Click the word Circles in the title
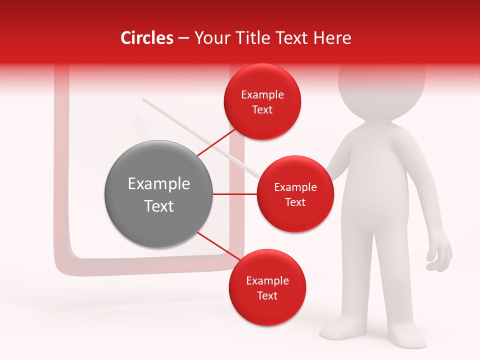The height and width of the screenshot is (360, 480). click(x=147, y=38)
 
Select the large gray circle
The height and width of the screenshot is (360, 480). click(x=158, y=194)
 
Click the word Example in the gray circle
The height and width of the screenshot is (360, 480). click(x=158, y=184)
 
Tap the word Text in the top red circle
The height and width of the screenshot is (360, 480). click(x=262, y=110)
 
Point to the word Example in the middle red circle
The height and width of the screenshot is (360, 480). click(x=295, y=187)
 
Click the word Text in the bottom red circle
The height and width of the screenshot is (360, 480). click(x=267, y=296)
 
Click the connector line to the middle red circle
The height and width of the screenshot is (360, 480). click(x=235, y=194)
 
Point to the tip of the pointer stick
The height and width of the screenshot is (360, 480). click(x=143, y=99)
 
